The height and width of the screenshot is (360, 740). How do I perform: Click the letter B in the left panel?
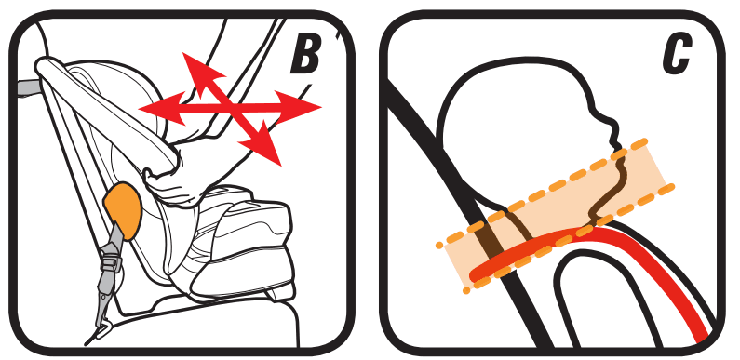(x=305, y=55)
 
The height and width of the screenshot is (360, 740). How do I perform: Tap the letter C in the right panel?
(x=677, y=55)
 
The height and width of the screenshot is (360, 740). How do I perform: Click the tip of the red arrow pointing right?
(x=321, y=108)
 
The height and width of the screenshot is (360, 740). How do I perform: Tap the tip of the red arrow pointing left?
(x=140, y=110)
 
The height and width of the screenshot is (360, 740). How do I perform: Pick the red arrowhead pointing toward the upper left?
(x=200, y=72)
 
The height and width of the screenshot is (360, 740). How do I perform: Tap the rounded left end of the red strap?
(x=478, y=274)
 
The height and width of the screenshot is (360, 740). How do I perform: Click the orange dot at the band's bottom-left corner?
(x=466, y=290)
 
